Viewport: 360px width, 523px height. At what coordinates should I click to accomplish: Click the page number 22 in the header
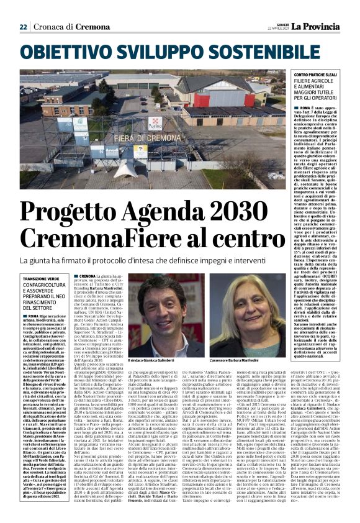click(x=23, y=27)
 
